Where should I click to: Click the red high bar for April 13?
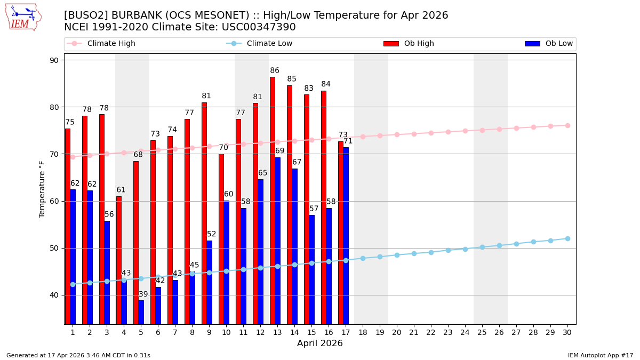tap(273, 200)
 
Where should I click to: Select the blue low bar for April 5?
tap(141, 312)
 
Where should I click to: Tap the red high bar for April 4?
tap(119, 260)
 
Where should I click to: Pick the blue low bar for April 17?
tap(346, 235)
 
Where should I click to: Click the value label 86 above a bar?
tap(275, 71)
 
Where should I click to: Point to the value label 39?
tap(143, 294)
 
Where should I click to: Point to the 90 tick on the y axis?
tap(54, 60)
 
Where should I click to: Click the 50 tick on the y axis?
tap(54, 248)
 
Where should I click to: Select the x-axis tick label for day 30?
tap(567, 332)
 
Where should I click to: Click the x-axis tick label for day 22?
tap(431, 332)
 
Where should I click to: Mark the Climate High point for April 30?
tap(567, 125)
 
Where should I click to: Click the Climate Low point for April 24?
tap(465, 249)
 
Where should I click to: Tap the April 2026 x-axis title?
tap(320, 343)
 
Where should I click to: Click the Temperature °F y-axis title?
tap(43, 189)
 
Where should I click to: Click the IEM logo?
tap(23, 17)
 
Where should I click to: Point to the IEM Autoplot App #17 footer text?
tap(601, 355)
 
